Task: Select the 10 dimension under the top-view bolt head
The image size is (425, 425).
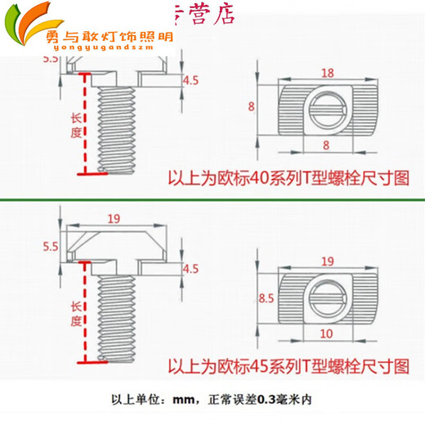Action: pos(325,334)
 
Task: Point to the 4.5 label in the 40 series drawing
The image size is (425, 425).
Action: pos(190,80)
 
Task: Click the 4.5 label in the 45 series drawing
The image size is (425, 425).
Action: pos(190,268)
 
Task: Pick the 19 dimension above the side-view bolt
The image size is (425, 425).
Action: pos(113,218)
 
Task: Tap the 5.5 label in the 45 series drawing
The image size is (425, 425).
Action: pos(50,244)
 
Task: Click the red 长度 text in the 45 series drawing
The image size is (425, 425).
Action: pos(77,313)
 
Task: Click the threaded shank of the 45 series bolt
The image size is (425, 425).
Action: pos(116,315)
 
